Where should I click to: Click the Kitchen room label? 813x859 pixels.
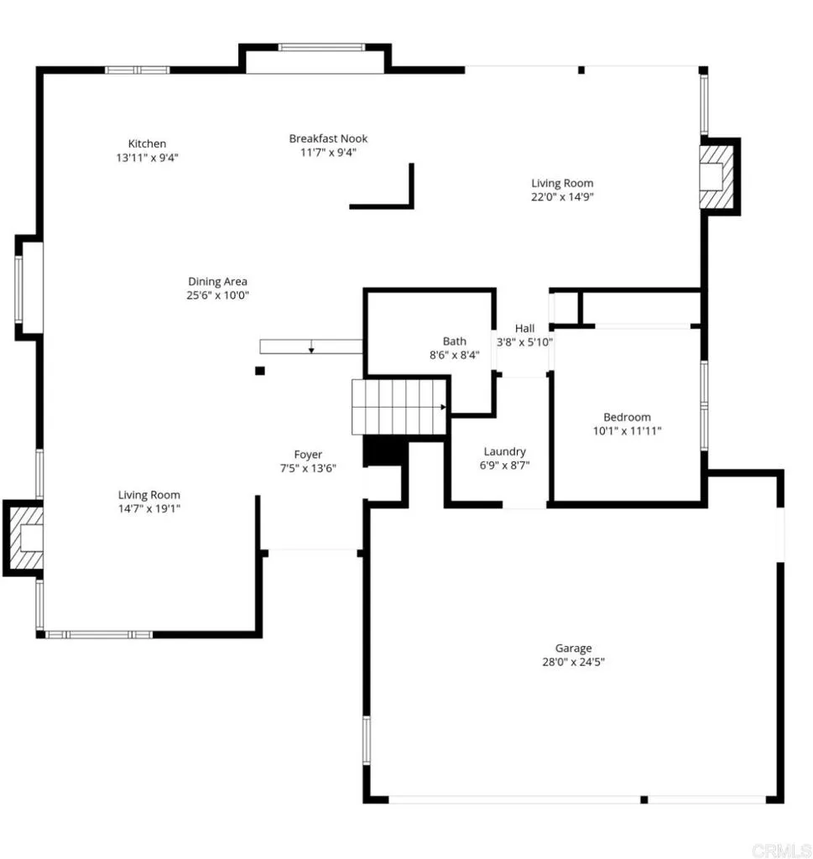[147, 143]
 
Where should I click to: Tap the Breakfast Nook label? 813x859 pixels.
[328, 138]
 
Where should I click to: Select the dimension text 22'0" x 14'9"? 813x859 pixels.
[562, 197]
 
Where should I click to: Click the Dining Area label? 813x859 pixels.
[217, 282]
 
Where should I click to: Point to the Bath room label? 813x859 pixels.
[455, 341]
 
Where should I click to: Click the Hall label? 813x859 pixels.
[525, 328]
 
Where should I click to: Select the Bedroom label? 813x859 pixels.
[627, 417]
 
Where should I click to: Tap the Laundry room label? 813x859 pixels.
[505, 451]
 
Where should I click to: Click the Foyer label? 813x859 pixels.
[308, 455]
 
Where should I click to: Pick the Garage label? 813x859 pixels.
[573, 648]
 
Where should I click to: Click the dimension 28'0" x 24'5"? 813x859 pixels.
[573, 662]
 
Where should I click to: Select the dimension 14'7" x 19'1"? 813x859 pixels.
[149, 508]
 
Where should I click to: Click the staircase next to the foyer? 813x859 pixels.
[399, 407]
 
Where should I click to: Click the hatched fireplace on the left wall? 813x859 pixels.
[23, 538]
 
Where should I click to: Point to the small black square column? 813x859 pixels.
[260, 371]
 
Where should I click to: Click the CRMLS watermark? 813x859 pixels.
[779, 849]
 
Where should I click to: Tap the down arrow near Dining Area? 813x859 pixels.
[311, 346]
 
